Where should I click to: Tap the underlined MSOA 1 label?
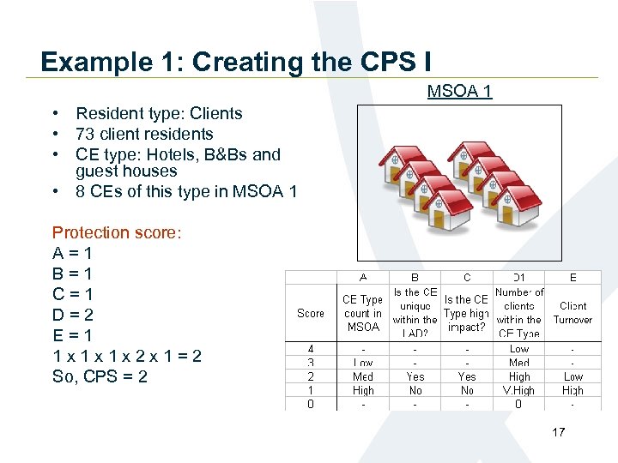click(459, 91)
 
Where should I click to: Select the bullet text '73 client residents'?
click(144, 134)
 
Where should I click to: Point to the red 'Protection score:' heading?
click(117, 232)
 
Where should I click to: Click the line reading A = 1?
click(72, 253)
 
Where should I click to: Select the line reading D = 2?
click(72, 315)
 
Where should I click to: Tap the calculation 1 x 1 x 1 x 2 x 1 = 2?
click(127, 356)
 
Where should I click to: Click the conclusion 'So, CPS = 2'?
click(100, 376)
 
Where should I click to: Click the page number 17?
click(559, 432)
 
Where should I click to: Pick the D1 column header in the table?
click(519, 278)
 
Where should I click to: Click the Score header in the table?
click(311, 313)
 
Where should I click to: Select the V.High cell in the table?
click(519, 390)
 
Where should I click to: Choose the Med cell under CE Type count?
click(362, 376)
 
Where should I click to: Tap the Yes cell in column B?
click(415, 376)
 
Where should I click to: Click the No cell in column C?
click(467, 390)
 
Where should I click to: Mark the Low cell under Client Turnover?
click(573, 376)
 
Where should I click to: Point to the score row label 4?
click(311, 349)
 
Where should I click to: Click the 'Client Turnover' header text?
click(573, 313)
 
